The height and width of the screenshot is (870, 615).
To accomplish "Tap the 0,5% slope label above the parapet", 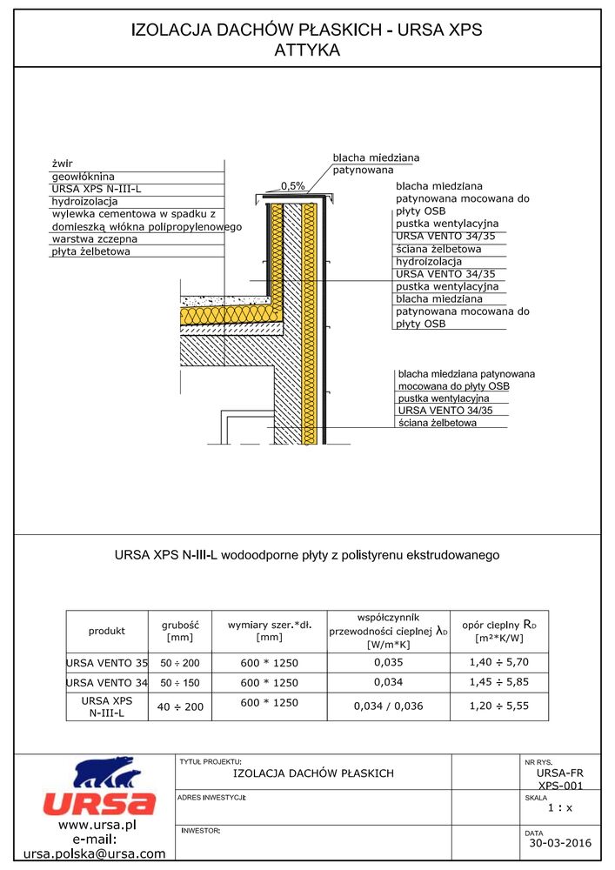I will pyautogui.click(x=292, y=186).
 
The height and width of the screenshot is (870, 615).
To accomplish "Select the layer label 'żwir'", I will pyautogui.click(x=61, y=163).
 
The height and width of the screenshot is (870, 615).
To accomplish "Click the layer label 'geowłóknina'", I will pyautogui.click(x=84, y=176).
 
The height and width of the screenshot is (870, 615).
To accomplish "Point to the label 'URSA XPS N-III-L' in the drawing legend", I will pyautogui.click(x=97, y=188).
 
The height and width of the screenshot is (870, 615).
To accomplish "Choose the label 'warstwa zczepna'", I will pyautogui.click(x=94, y=238).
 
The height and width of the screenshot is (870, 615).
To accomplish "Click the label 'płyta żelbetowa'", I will pyautogui.click(x=90, y=251).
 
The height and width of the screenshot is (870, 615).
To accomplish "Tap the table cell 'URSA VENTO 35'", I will pyautogui.click(x=107, y=663).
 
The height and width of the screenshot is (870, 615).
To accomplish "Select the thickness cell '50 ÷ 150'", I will pyautogui.click(x=181, y=683).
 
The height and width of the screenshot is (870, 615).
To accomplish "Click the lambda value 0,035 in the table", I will pyautogui.click(x=388, y=662).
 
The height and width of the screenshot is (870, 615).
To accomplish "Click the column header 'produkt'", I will pyautogui.click(x=107, y=631).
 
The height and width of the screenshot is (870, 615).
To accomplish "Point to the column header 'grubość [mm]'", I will pyautogui.click(x=181, y=631).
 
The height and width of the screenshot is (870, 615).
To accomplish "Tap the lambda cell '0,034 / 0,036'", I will pyautogui.click(x=388, y=706).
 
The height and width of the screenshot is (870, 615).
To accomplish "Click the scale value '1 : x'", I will pyautogui.click(x=561, y=808).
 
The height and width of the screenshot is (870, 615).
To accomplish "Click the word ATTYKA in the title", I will pyautogui.click(x=306, y=50).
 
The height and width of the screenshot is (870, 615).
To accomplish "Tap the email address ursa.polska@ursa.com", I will pyautogui.click(x=94, y=853).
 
